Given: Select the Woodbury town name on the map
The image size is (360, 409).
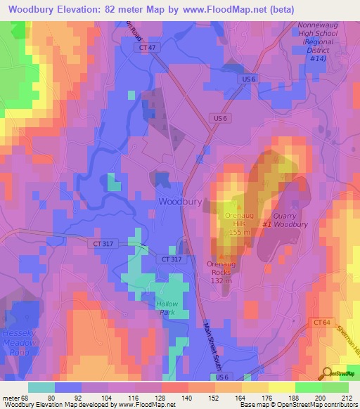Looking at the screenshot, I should tap(181, 201).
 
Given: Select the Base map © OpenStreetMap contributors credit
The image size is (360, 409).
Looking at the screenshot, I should tap(296, 405).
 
